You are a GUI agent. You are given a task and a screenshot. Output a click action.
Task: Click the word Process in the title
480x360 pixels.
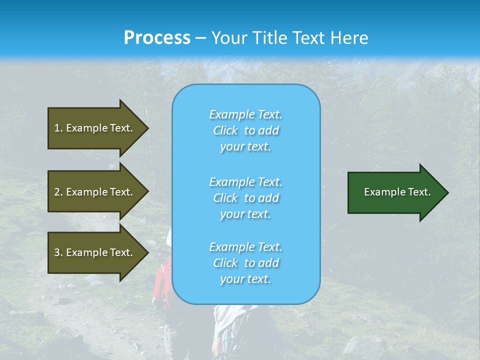pyautogui.click(x=157, y=38)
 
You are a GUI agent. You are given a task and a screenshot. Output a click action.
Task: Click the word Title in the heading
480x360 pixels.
pyautogui.click(x=270, y=38)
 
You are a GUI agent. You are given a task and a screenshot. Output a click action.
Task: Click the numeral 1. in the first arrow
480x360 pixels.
pyautogui.click(x=58, y=128)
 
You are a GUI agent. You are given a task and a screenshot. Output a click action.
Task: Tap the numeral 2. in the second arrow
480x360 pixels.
pyautogui.click(x=58, y=192)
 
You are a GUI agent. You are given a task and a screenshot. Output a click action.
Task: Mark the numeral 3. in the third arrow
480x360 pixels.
pyautogui.click(x=58, y=252)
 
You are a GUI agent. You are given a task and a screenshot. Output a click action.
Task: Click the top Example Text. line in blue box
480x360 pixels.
pyautogui.click(x=246, y=114)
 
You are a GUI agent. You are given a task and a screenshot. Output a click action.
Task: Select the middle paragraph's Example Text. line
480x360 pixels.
pyautogui.click(x=246, y=182)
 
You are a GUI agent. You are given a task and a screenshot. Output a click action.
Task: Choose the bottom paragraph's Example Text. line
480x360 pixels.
pyautogui.click(x=246, y=247)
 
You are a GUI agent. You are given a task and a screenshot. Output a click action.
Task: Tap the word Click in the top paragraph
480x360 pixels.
pyautogui.click(x=225, y=131)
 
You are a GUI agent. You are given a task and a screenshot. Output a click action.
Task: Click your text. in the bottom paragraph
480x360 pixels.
pyautogui.click(x=245, y=279)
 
